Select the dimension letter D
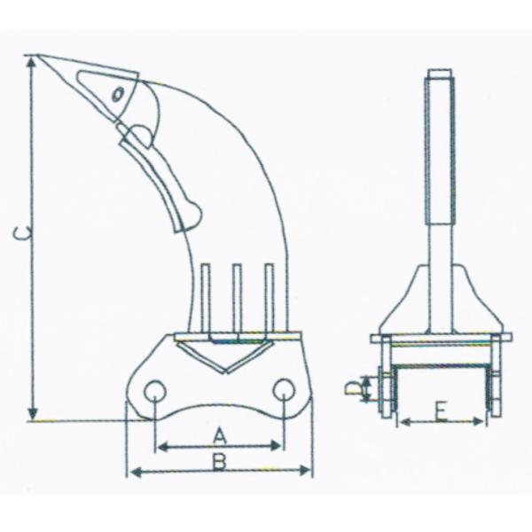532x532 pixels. [x=352, y=387]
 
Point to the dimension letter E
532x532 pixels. [x=441, y=410]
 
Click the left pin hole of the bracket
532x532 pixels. [x=155, y=392]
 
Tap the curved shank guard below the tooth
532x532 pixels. [x=168, y=177]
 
